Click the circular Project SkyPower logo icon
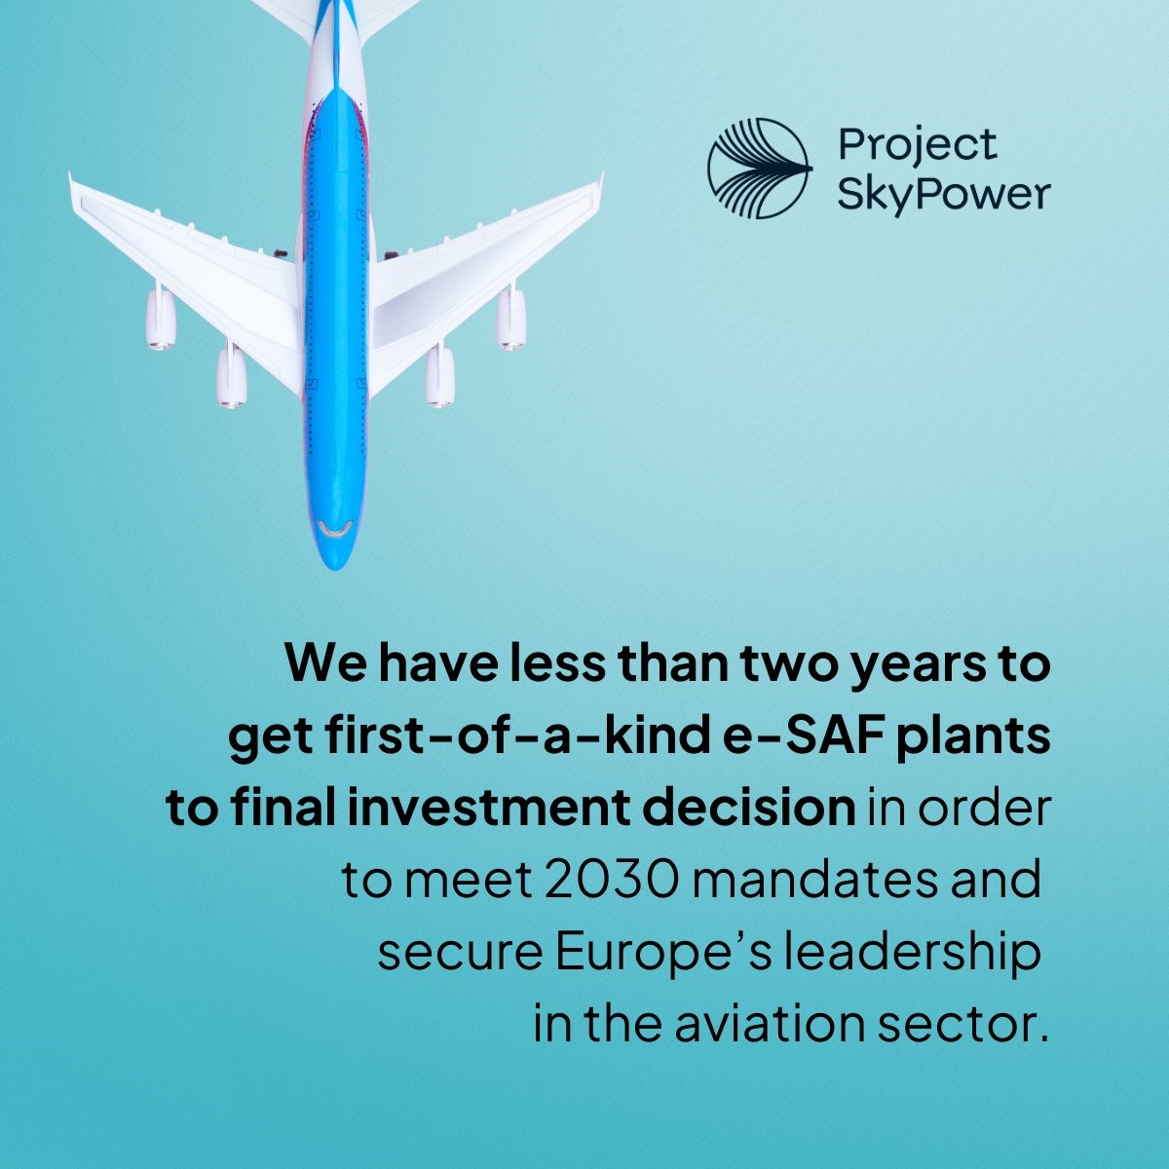[x=760, y=168]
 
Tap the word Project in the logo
[x=918, y=146]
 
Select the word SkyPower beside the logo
[x=944, y=196]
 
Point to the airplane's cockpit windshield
[x=335, y=530]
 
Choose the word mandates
[x=814, y=881]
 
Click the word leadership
[x=911, y=953]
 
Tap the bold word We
[x=326, y=663]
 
